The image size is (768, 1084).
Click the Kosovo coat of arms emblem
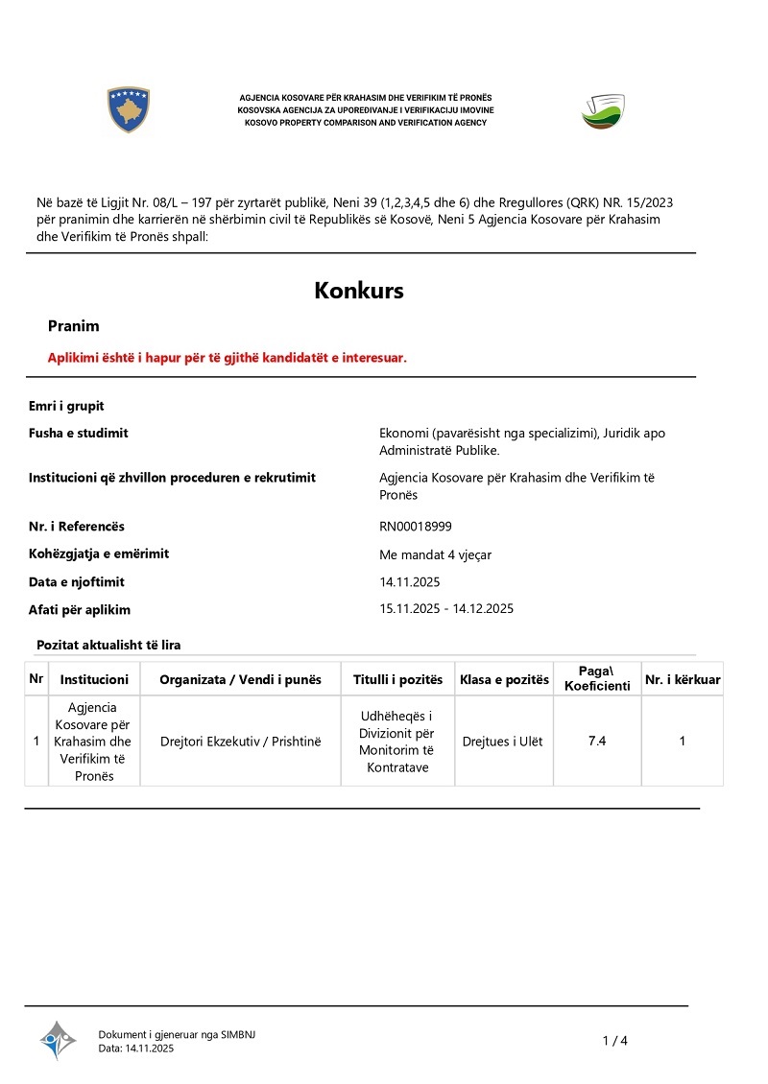pos(128,109)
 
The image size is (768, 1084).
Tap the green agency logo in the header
pos(603,111)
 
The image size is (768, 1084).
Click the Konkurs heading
pos(359,291)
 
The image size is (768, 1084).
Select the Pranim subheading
pos(74,326)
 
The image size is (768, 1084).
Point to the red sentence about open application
pos(228,357)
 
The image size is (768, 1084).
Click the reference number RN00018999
pos(416,526)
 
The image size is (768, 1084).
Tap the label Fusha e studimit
pos(79,433)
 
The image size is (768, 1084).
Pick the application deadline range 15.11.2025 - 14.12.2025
pos(447,608)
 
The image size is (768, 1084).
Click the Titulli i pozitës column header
pos(397,679)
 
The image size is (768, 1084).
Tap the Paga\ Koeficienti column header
pos(597,678)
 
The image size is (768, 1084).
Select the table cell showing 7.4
pos(597,741)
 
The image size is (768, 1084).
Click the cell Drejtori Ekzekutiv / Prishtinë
pos(240,741)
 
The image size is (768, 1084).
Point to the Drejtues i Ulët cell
pos(502,741)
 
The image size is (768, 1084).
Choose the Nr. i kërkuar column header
pos(683,679)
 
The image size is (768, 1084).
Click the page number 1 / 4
pos(614,1041)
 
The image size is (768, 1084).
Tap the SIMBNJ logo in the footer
pos(58,1040)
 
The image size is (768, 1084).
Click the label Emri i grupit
pos(66,406)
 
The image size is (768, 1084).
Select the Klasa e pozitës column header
pos(504,679)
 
